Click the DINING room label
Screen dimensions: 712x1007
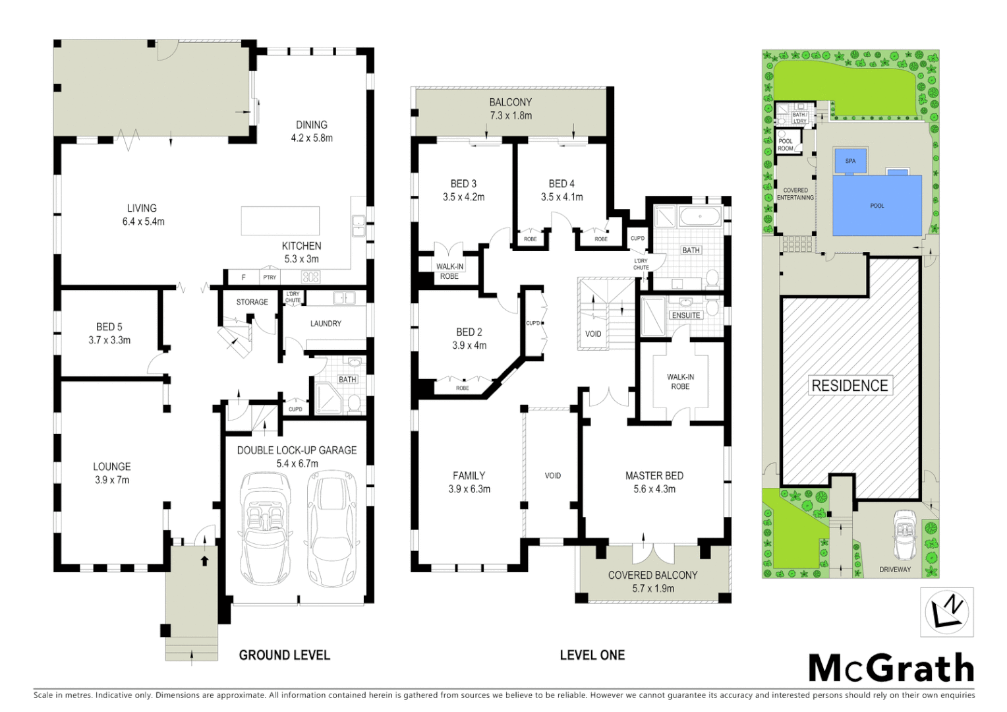tap(311, 125)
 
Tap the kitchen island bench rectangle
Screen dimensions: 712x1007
tap(280, 221)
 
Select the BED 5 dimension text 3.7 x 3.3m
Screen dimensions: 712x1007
tap(109, 340)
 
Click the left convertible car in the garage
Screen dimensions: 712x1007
tap(266, 527)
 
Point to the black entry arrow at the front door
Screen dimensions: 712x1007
tap(204, 561)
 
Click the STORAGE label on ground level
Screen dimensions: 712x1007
tap(252, 302)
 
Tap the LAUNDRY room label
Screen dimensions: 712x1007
tap(326, 324)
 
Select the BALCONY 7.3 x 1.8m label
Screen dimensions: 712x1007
tap(510, 109)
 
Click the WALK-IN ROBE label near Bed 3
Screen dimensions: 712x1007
tap(449, 271)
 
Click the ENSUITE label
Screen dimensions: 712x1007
tap(685, 315)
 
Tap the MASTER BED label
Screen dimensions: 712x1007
tap(654, 475)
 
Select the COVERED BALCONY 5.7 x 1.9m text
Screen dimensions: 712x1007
tap(652, 581)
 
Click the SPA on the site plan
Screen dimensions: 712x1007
tap(850, 161)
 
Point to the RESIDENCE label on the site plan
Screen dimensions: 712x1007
tap(849, 386)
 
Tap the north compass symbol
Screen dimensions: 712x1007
tap(946, 612)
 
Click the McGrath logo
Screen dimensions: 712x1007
tap(891, 668)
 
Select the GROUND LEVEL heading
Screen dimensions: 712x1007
tap(284, 655)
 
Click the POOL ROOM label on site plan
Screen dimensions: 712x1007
tap(786, 144)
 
